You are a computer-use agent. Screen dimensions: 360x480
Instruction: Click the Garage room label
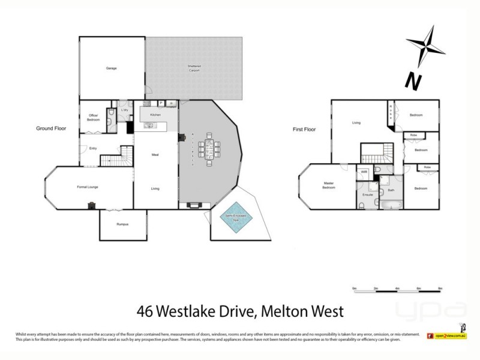tap(111, 68)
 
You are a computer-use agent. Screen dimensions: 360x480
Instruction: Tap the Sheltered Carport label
tap(194, 70)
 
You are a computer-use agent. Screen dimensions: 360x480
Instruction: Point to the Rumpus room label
tap(122, 224)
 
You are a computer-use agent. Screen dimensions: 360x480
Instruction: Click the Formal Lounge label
tap(88, 187)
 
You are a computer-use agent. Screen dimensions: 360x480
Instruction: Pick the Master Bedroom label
tap(328, 185)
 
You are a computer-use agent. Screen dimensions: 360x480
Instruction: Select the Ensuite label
tap(368, 195)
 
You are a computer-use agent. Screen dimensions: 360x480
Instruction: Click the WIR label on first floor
tap(364, 172)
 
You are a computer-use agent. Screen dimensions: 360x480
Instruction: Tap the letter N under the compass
tap(412, 79)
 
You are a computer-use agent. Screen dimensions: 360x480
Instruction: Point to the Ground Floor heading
tap(51, 128)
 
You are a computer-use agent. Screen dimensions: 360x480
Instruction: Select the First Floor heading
tap(304, 129)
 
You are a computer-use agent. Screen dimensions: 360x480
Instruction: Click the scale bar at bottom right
tap(397, 290)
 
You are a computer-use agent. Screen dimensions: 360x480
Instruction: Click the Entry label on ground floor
tap(93, 148)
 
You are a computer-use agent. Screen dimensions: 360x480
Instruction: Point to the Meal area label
tap(155, 155)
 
